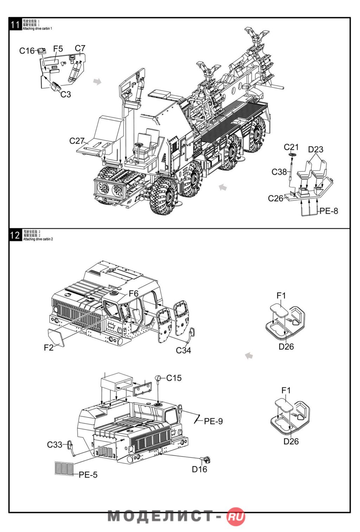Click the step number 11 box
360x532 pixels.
tap(15, 25)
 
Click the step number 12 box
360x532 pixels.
tap(15, 235)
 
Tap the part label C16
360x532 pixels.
tap(27, 51)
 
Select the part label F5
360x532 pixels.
tap(58, 49)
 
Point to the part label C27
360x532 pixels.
tap(77, 141)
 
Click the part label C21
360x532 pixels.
tap(291, 147)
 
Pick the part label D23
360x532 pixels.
tap(315, 149)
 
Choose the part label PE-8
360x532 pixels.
tap(329, 211)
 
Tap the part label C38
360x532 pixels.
tap(279, 172)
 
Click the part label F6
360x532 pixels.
tap(134, 293)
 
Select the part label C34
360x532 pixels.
tap(183, 350)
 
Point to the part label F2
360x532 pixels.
tap(49, 348)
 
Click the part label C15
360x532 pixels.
tap(174, 378)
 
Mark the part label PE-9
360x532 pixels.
tap(213, 421)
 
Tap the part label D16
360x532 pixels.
tap(199, 469)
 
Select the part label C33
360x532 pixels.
tap(54, 445)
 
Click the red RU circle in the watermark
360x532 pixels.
tap(236, 517)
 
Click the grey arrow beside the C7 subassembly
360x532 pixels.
tap(97, 81)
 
